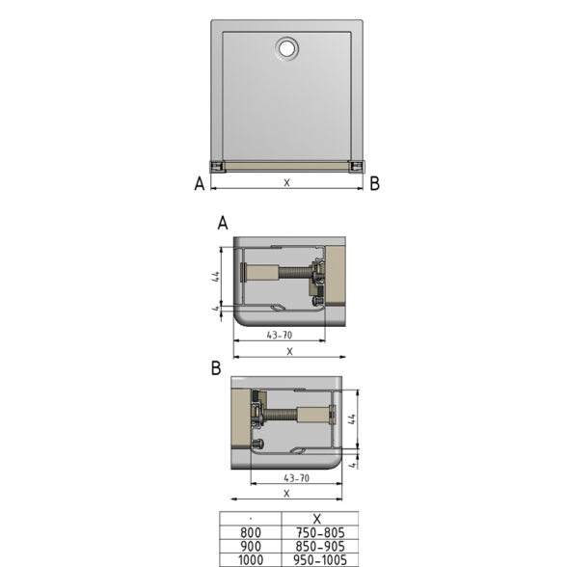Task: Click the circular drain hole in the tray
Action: tap(287, 48)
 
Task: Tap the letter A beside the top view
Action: tap(200, 183)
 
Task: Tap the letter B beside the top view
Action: tap(374, 183)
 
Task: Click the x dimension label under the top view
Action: tap(286, 182)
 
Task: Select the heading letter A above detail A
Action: tap(223, 223)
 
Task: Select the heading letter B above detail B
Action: tap(216, 368)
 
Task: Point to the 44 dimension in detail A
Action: tap(216, 277)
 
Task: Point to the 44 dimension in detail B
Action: tap(353, 419)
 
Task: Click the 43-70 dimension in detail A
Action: tap(280, 336)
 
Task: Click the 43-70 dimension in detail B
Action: tap(297, 478)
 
